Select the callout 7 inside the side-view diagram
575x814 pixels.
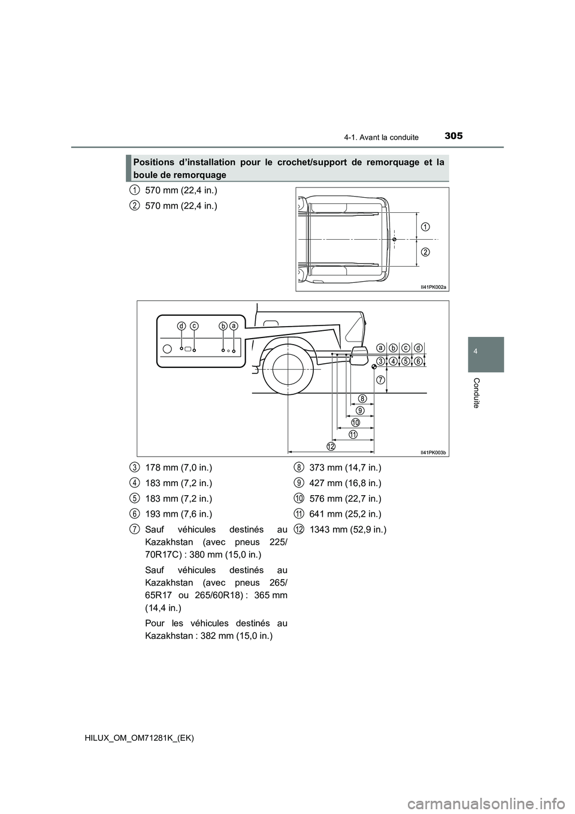[380, 380]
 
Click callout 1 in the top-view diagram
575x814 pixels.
[424, 226]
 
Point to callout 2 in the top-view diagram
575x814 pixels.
[424, 252]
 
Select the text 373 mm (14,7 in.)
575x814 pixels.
[345, 467]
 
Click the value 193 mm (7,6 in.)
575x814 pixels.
[178, 514]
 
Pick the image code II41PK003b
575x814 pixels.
[432, 452]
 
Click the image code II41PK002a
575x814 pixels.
[432, 287]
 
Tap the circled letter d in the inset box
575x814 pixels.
[181, 326]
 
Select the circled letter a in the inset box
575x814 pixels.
[234, 326]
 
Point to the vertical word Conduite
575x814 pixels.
[476, 393]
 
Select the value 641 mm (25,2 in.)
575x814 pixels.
[345, 514]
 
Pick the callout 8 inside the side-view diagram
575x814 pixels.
[363, 399]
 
